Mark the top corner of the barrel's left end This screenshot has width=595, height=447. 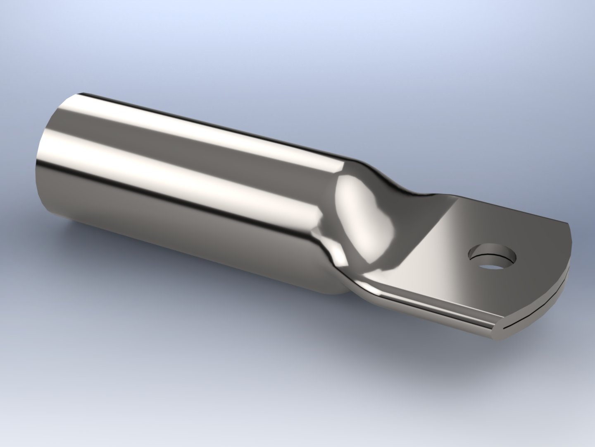pyautogui.click(x=83, y=93)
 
